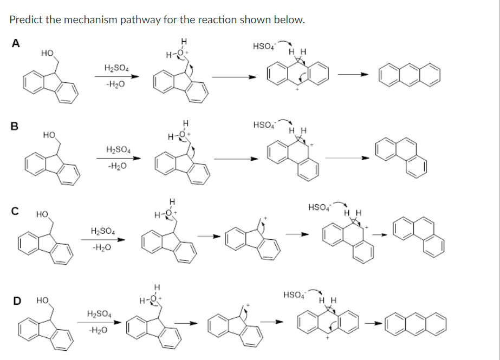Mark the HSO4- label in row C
(319, 207)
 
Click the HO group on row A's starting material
(47, 53)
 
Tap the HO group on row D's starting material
(42, 299)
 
